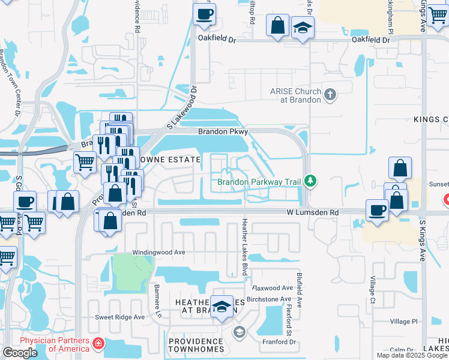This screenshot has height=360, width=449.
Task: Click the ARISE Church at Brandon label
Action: pos(295,95)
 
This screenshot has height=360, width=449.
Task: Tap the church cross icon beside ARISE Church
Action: pos(330,94)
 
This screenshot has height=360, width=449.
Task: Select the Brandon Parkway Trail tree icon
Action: pos(310,180)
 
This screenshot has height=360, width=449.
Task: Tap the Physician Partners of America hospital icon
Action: pos(98,344)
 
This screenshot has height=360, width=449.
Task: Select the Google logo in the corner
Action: pos(20,352)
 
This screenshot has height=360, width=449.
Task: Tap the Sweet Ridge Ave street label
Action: pos(120,317)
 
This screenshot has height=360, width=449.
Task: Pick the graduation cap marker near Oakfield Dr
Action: pos(303,28)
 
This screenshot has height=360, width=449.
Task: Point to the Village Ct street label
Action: pos(373,290)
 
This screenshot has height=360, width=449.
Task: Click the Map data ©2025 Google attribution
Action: pos(412,355)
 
